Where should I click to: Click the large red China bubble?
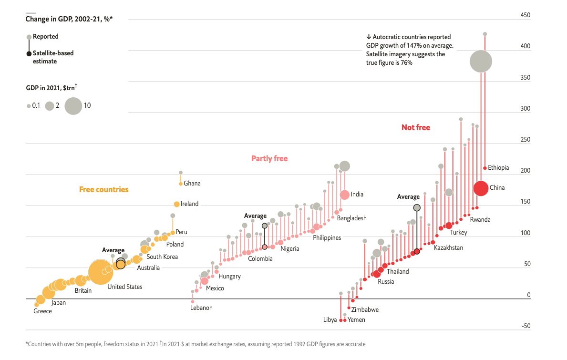tap(481, 188)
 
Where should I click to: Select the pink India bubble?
tap(344, 195)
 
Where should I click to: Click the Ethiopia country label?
tap(498, 168)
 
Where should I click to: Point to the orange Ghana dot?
tap(181, 184)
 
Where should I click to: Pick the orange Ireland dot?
tap(176, 204)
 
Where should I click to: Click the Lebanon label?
tap(201, 308)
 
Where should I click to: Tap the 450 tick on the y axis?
tap(525, 15)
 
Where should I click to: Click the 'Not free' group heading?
tap(415, 127)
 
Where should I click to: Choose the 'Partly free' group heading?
tap(269, 158)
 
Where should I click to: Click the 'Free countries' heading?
tap(103, 189)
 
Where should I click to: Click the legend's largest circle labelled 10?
tap(73, 106)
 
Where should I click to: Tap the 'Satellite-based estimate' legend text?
tap(53, 57)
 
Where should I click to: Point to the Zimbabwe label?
tap(365, 309)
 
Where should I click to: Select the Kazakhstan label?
tap(448, 248)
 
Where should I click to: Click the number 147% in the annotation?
tap(430, 46)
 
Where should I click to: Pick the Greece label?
tap(42, 311)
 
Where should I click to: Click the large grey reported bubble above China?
tap(481, 62)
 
